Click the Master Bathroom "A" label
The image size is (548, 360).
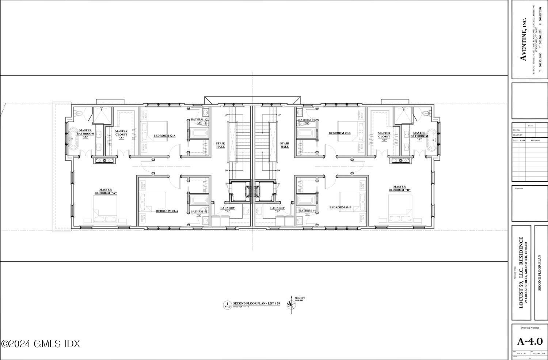(x=85, y=133)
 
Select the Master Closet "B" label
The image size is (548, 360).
(x=384, y=137)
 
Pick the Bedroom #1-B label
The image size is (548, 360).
(x=340, y=207)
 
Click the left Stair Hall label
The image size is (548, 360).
(x=220, y=145)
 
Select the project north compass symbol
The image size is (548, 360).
(x=291, y=304)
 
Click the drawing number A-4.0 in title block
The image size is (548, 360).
(x=530, y=341)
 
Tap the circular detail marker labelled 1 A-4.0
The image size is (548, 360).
(x=227, y=305)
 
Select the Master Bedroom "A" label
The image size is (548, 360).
(x=106, y=191)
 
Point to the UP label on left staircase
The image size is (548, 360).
(x=227, y=115)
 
